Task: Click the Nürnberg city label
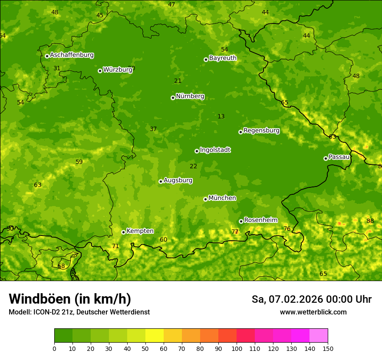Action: pyautogui.click(x=190, y=96)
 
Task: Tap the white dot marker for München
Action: pyautogui.click(x=205, y=199)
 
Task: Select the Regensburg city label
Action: pyautogui.click(x=261, y=131)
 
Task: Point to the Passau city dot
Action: pyautogui.click(x=326, y=158)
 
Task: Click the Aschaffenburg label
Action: pyautogui.click(x=72, y=55)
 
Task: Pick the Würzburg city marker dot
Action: pyautogui.click(x=100, y=71)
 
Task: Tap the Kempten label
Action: pyautogui.click(x=140, y=231)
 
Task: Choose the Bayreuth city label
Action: pyautogui.click(x=223, y=58)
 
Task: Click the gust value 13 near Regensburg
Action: pyautogui.click(x=221, y=116)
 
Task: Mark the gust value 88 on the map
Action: pyautogui.click(x=370, y=221)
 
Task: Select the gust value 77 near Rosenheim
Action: pyautogui.click(x=235, y=232)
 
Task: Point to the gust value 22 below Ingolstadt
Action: pyautogui.click(x=193, y=166)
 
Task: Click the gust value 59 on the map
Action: pyautogui.click(x=79, y=162)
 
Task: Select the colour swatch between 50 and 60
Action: pyautogui.click(x=155, y=336)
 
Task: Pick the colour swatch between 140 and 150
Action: pyautogui.click(x=319, y=336)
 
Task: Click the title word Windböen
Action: pyautogui.click(x=40, y=299)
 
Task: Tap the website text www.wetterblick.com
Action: pyautogui.click(x=313, y=312)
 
